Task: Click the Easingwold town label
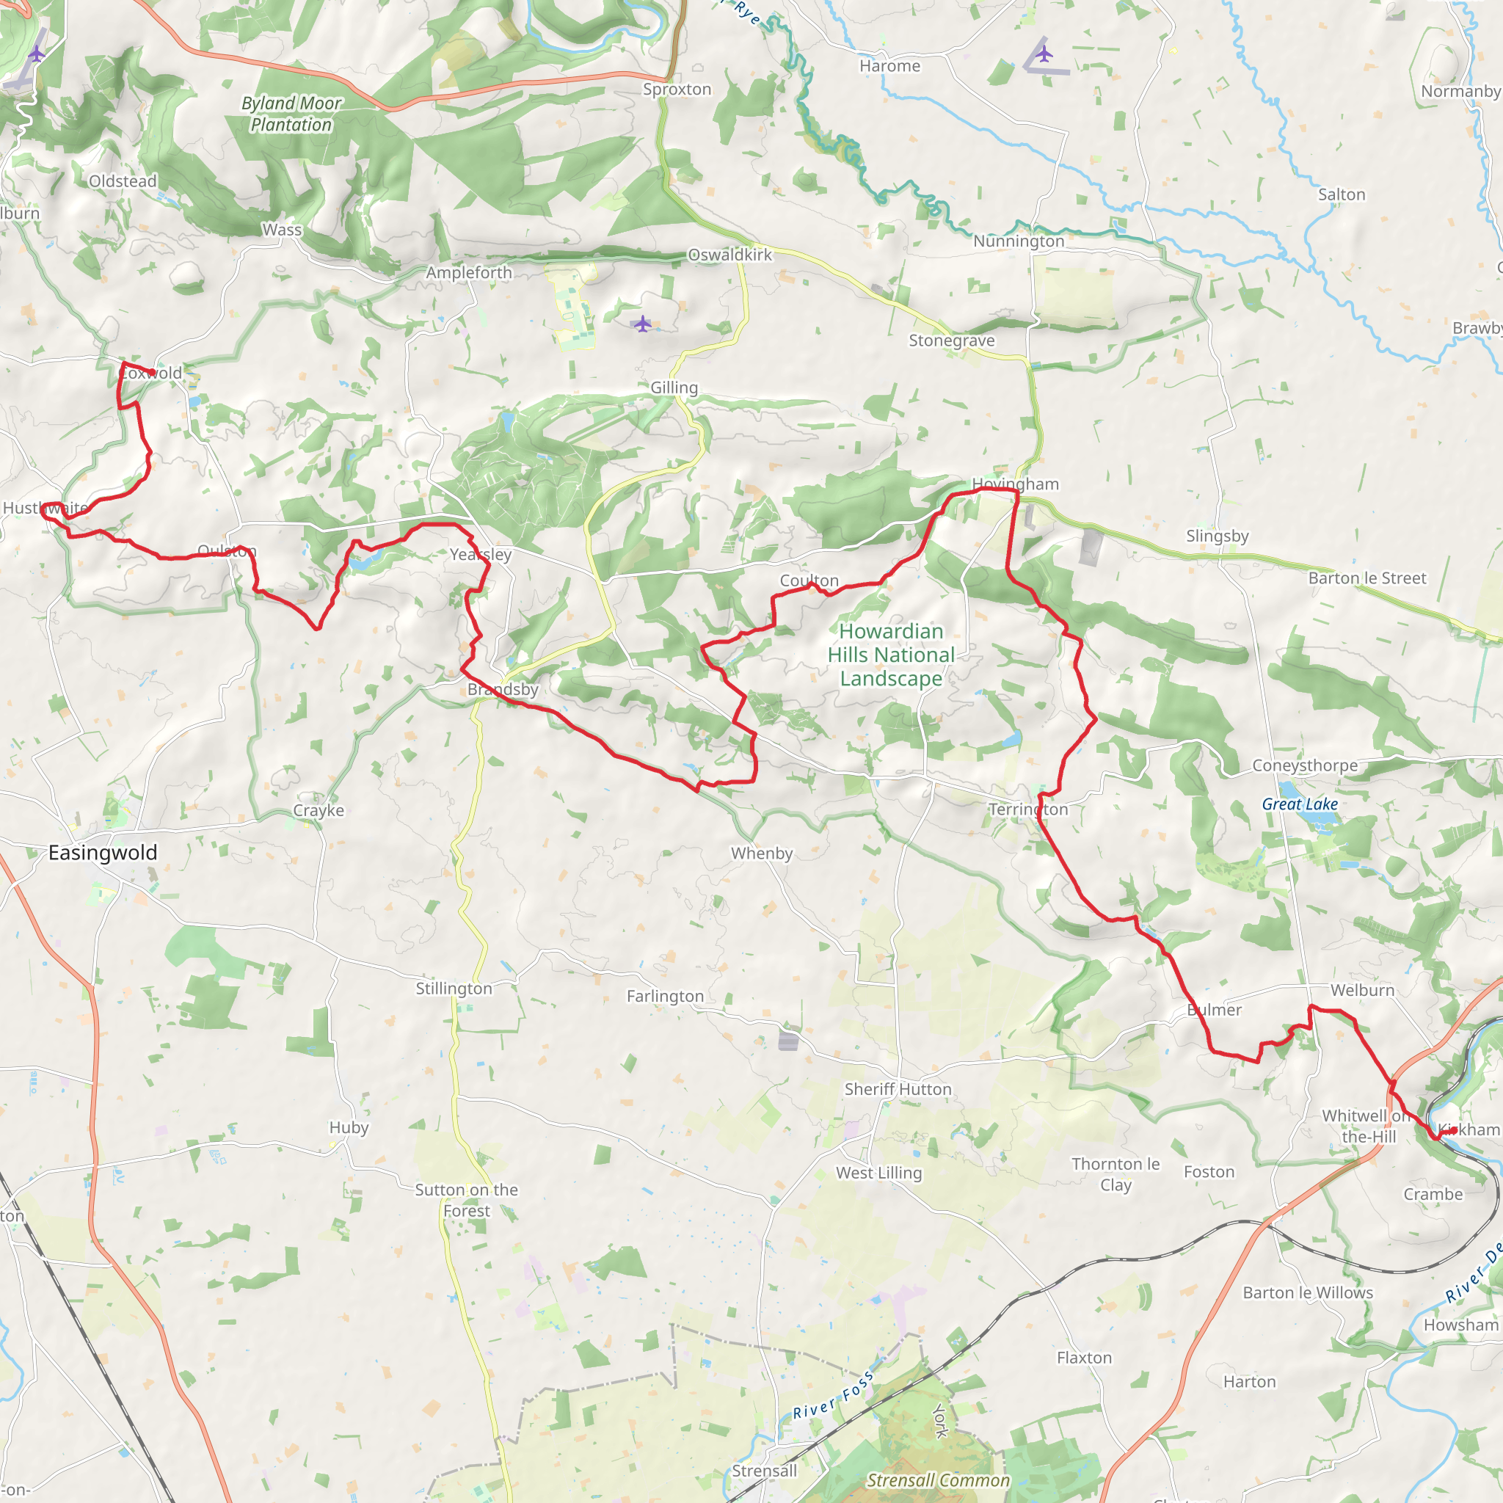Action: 103,853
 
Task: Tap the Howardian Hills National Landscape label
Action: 891,655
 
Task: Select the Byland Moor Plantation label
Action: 291,114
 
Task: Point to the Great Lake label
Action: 1300,804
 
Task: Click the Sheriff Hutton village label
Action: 898,1089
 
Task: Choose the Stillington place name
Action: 454,988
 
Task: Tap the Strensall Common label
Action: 938,1480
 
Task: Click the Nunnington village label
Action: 1019,241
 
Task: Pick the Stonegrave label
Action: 951,340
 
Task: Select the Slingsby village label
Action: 1217,535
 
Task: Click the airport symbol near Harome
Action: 1044,54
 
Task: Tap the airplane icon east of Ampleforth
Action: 642,324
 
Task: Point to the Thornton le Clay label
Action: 1115,1174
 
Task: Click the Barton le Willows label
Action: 1308,1292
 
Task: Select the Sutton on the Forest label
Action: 466,1200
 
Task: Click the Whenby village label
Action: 762,853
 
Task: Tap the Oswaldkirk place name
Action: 729,255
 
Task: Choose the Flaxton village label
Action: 1084,1358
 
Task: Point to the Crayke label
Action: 319,810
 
